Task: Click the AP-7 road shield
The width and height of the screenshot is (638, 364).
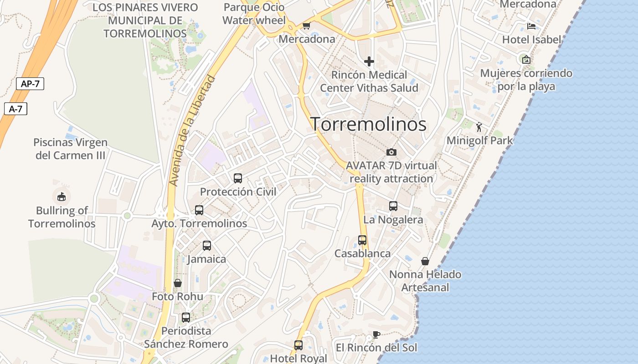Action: [30, 84]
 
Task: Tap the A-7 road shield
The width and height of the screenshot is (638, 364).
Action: [15, 109]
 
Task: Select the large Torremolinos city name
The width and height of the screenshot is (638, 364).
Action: [368, 124]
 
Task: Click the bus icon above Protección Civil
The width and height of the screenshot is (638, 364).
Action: [238, 178]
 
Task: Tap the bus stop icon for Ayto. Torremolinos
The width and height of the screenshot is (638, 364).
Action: [199, 210]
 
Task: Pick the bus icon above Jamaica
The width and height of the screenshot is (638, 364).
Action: [207, 246]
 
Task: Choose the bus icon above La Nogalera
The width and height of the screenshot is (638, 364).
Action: [393, 206]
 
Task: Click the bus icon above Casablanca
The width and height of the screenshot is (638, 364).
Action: [362, 240]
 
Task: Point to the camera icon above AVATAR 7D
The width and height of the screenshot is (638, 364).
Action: [391, 152]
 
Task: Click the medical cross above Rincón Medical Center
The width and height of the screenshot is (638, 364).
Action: [369, 61]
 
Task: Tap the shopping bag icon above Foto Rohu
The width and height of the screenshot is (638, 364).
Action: [178, 283]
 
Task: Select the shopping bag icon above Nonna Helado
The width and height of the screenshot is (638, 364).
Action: [425, 261]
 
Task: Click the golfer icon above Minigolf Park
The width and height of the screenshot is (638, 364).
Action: [479, 127]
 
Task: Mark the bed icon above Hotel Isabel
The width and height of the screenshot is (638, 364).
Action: [531, 26]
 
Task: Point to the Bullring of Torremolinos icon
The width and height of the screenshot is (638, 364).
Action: [62, 197]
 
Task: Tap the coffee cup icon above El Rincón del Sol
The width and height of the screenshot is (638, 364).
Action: [376, 334]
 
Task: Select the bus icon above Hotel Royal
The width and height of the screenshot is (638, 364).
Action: [298, 345]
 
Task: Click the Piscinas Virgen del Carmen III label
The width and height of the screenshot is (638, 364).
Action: [70, 149]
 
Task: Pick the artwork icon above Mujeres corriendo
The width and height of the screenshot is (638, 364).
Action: [526, 59]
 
